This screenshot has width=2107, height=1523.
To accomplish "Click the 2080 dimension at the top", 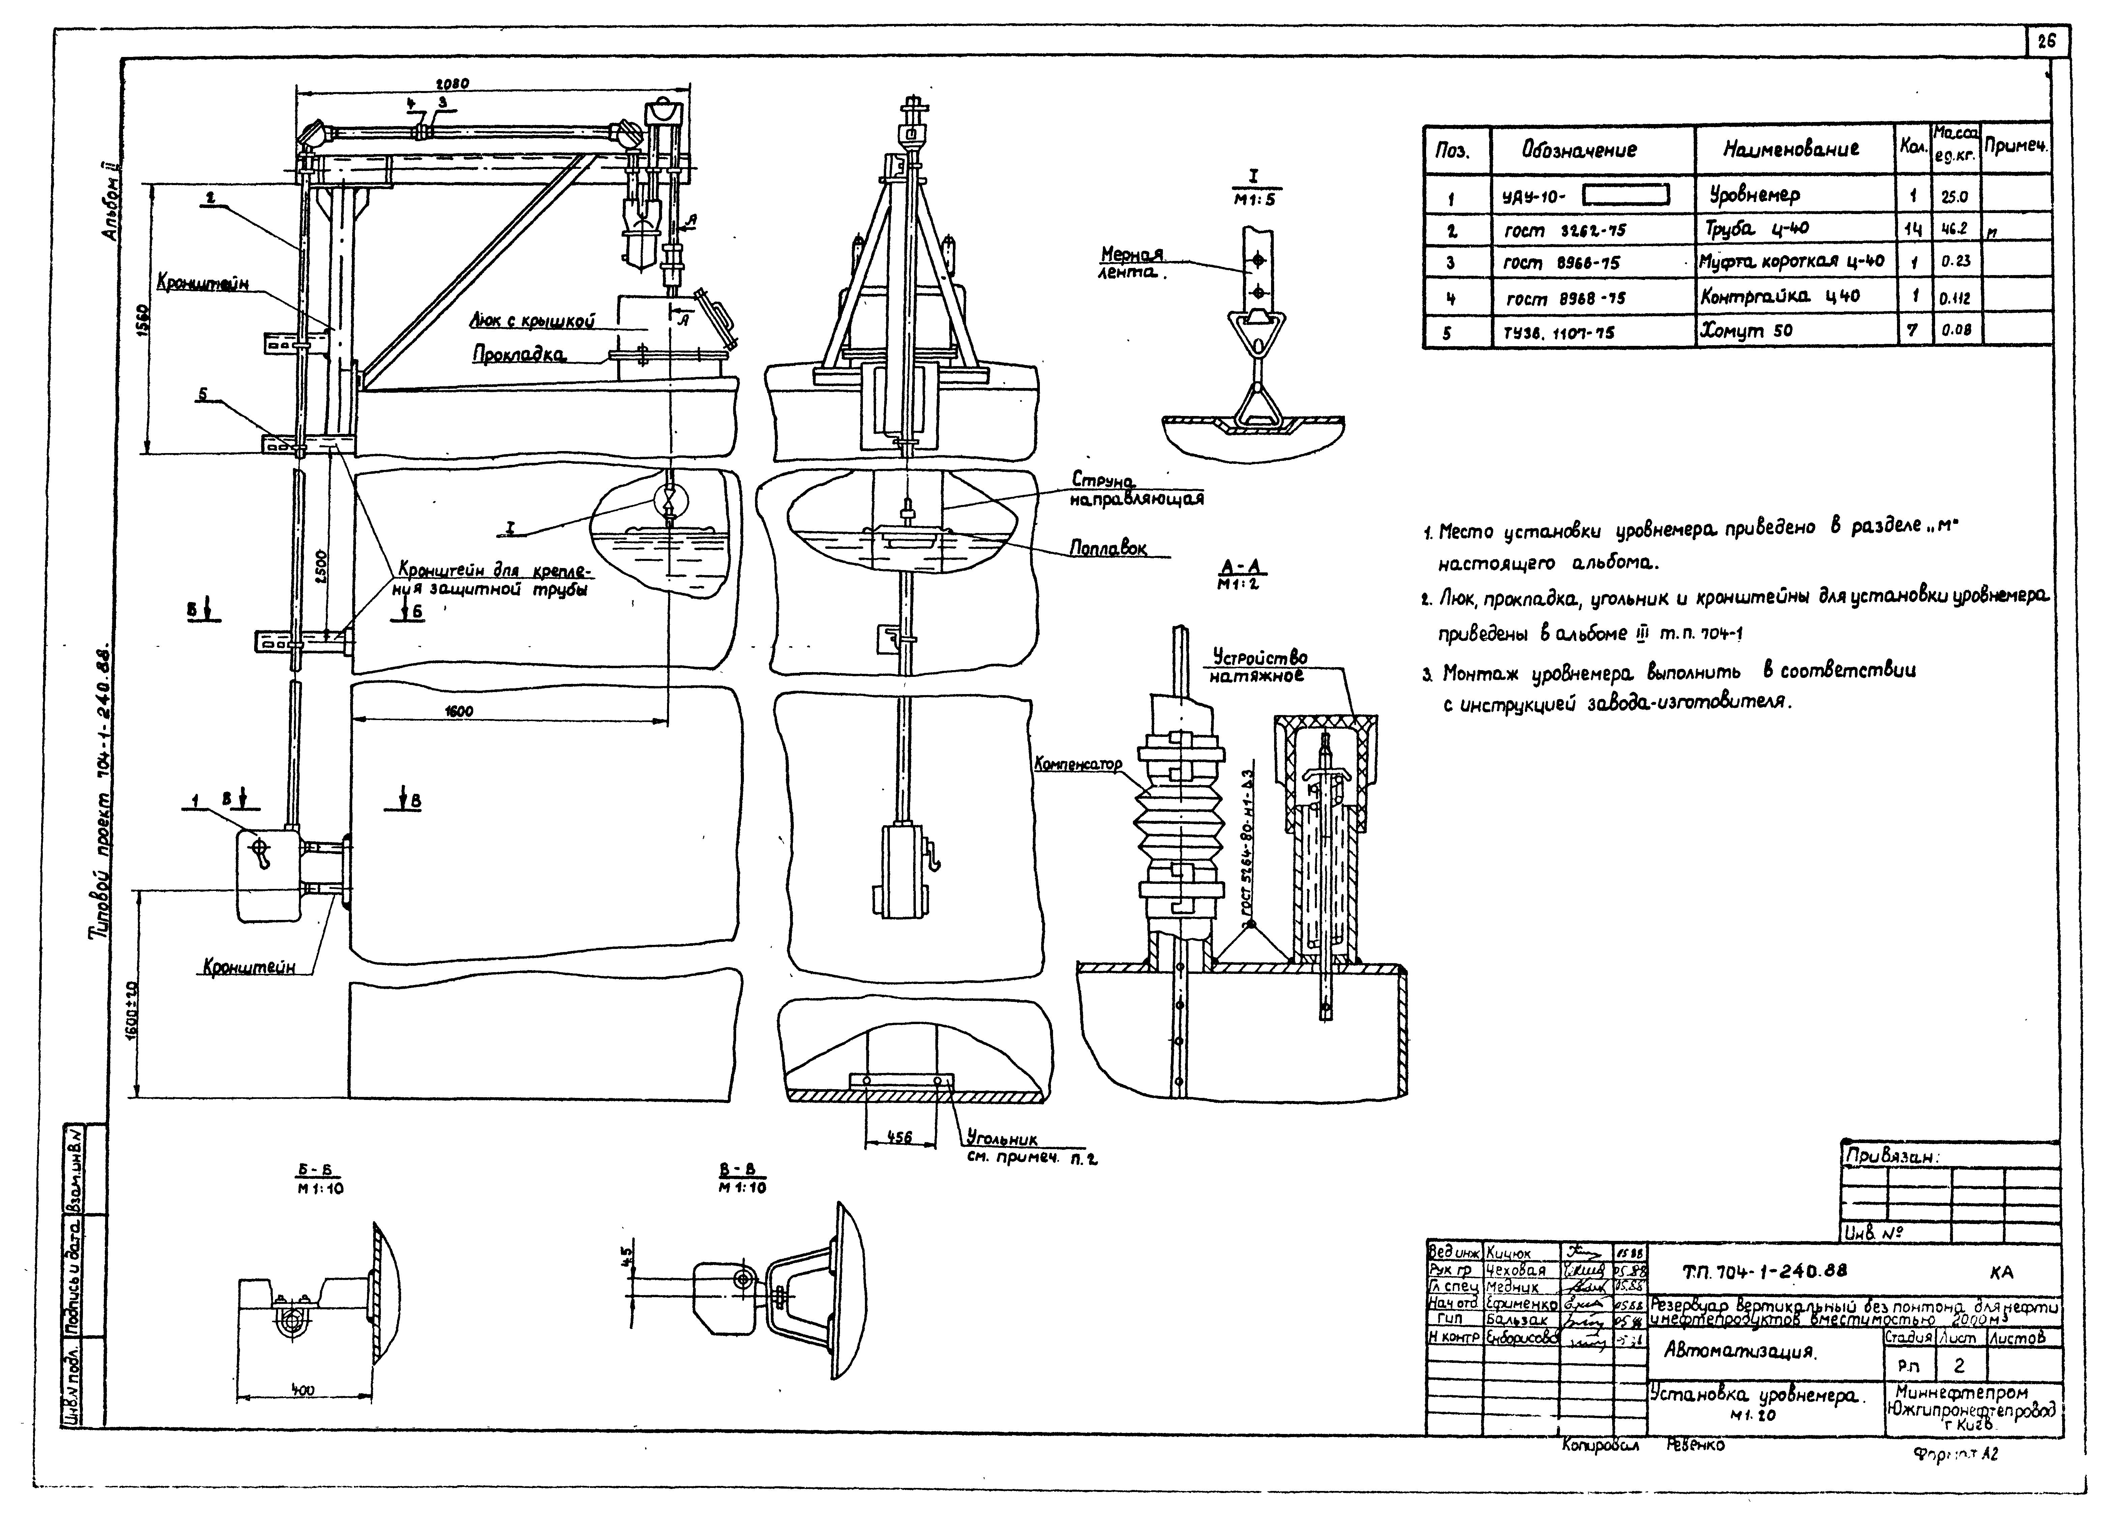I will tap(453, 84).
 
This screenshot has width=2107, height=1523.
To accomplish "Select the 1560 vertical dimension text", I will tap(141, 322).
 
